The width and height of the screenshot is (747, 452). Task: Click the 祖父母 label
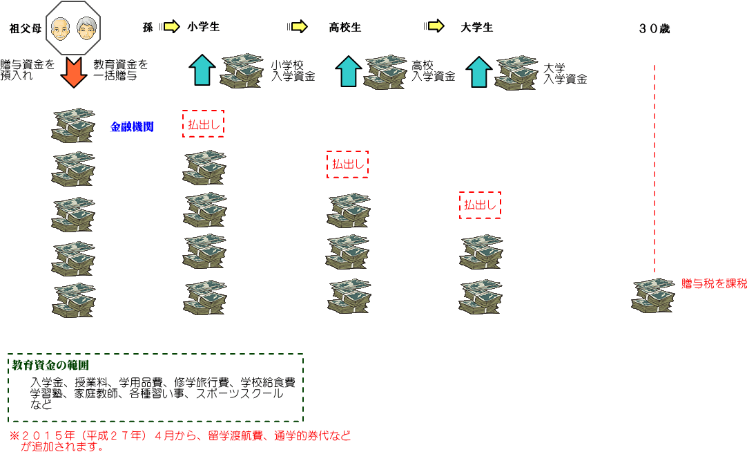23,28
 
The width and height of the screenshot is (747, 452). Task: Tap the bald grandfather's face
61,29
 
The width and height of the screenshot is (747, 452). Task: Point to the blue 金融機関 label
132,127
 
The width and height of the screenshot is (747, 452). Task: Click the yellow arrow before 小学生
170,27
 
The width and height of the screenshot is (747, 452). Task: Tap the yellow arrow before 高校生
298,27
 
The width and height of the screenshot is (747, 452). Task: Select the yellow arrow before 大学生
435,27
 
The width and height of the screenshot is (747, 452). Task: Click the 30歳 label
654,29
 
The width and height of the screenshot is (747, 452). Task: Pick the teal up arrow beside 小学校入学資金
202,70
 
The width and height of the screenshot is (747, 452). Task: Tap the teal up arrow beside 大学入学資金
479,71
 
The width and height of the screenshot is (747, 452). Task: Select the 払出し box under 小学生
203,124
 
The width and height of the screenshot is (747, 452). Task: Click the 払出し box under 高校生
347,164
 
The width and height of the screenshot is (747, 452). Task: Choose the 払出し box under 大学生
480,205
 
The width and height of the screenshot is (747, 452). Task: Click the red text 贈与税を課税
714,283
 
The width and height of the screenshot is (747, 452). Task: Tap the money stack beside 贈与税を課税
652,294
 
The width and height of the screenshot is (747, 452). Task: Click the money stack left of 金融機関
73,124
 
